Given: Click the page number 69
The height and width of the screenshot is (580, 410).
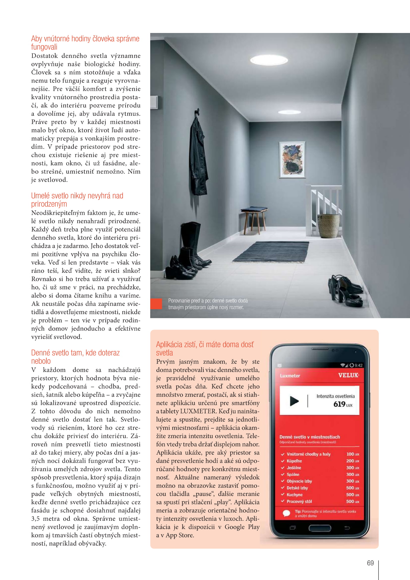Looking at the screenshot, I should (370, 563).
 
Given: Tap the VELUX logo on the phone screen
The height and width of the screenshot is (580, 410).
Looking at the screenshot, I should (348, 375).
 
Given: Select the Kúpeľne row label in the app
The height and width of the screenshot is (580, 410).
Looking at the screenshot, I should (294, 461).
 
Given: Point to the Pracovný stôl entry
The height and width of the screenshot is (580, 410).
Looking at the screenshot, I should (299, 501).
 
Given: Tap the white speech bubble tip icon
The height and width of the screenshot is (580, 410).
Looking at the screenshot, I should (286, 513).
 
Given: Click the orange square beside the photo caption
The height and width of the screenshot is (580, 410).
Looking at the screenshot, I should (156, 304).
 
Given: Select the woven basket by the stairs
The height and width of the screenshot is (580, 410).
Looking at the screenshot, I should (328, 226).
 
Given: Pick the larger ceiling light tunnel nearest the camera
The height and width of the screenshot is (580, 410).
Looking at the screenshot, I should (269, 60).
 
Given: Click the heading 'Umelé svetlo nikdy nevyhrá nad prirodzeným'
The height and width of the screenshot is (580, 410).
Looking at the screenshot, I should (77, 200).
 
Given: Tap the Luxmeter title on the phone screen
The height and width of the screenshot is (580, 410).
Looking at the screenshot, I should (290, 376).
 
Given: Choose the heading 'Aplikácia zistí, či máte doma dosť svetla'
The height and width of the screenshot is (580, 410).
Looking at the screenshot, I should (205, 348).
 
